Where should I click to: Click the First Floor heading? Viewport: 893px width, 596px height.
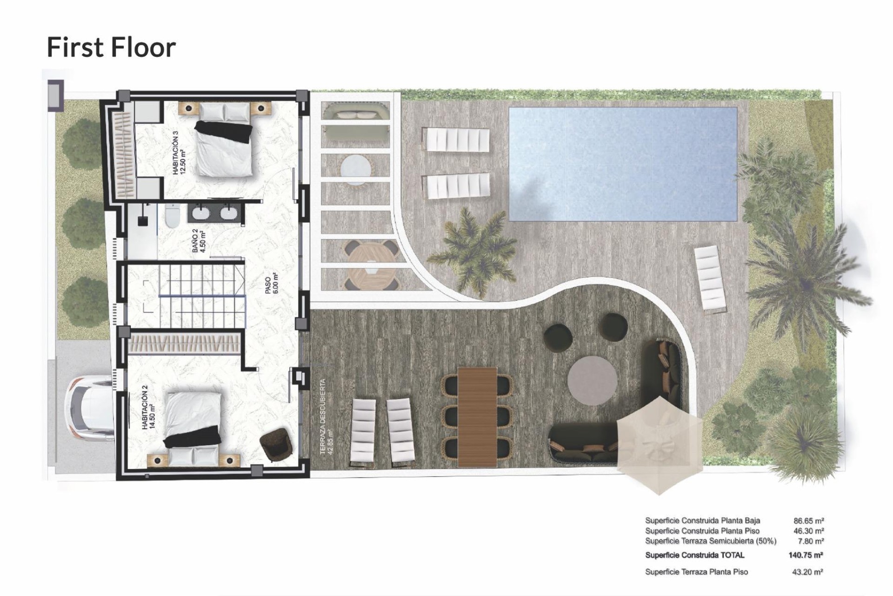pos(111,47)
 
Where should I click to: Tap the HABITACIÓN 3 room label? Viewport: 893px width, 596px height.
pos(179,152)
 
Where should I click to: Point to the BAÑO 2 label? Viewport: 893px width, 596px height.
pos(199,240)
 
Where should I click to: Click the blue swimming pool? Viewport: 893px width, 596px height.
pos(623,164)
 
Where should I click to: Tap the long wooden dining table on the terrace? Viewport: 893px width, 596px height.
pos(477,416)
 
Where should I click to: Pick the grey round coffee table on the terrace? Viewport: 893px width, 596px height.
pos(593,381)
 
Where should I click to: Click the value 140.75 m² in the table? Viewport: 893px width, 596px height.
pos(806,555)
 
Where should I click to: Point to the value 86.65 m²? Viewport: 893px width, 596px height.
pos(808,521)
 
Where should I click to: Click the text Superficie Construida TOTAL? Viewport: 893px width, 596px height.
pos(694,555)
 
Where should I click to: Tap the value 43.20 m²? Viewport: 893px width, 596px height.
pos(808,572)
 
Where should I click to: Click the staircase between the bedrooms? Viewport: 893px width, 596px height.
pos(201,295)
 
